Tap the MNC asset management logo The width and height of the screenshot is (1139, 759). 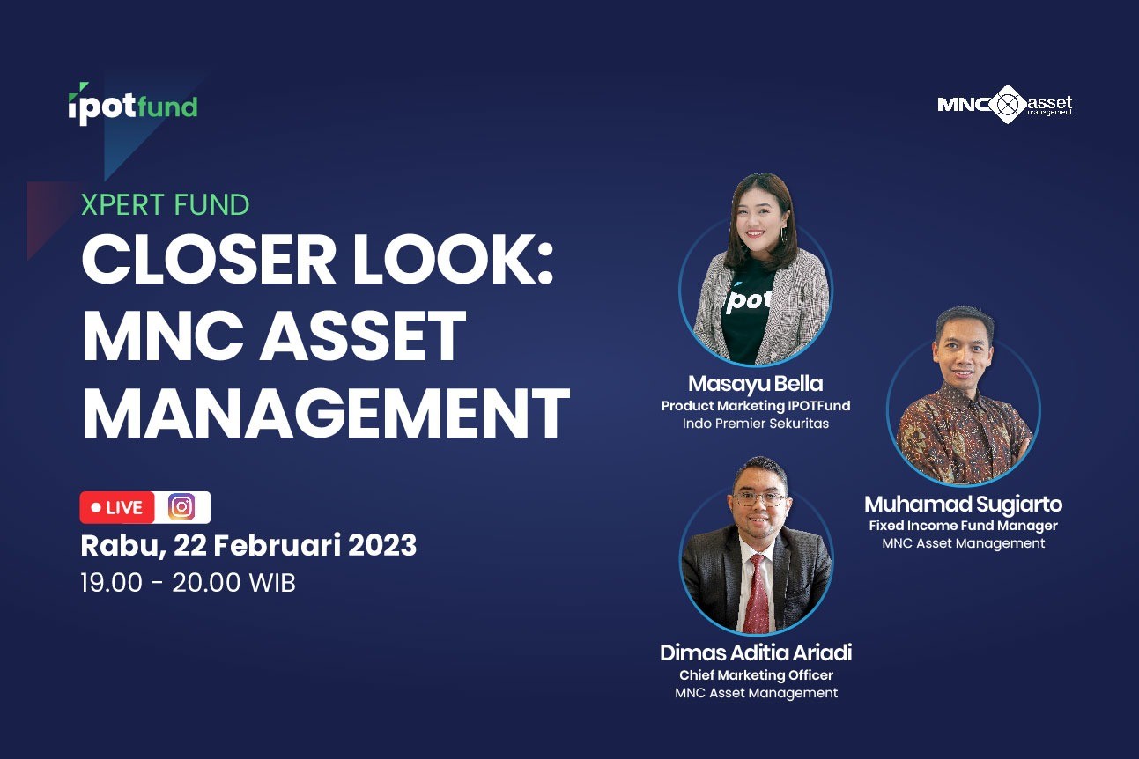[x=1005, y=105]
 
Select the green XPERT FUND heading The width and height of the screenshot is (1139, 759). [x=166, y=205]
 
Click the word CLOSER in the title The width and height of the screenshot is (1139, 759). [x=209, y=259]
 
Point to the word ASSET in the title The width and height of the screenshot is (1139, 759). [x=363, y=336]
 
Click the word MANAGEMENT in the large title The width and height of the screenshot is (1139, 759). [x=325, y=413]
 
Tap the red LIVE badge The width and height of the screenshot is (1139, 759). [x=117, y=507]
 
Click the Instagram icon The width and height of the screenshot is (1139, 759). [x=181, y=507]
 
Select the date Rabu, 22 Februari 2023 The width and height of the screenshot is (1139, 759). [x=248, y=546]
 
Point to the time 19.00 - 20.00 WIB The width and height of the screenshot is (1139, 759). [x=189, y=583]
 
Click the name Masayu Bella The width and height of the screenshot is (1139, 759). [x=756, y=384]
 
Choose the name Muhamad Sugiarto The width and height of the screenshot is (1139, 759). [x=963, y=505]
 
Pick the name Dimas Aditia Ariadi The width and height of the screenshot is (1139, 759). [x=756, y=652]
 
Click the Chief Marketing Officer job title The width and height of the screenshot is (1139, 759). [x=756, y=675]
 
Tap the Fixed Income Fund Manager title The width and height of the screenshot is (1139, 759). [x=963, y=526]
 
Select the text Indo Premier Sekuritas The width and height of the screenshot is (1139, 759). [x=756, y=424]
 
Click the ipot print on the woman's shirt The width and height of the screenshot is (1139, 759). [x=748, y=300]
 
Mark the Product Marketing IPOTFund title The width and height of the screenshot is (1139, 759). [x=756, y=406]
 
